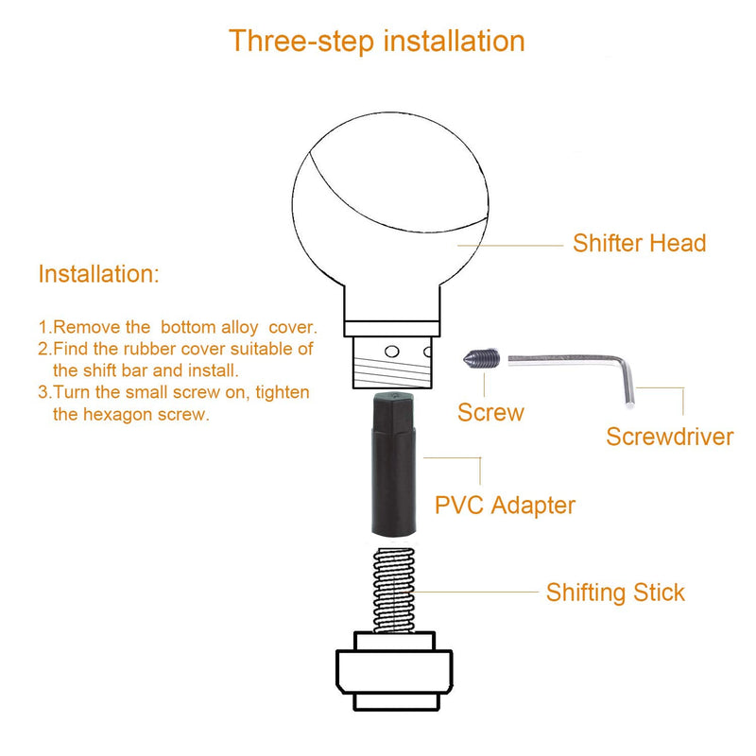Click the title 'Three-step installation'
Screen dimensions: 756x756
click(x=376, y=41)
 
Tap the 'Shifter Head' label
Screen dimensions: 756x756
click(x=640, y=243)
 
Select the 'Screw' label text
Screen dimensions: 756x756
click(x=490, y=413)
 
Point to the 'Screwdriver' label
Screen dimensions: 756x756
click(x=670, y=437)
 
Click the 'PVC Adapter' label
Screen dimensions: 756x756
click(x=505, y=506)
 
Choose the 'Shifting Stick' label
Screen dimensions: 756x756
click(x=615, y=593)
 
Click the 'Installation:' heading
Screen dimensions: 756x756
click(x=98, y=274)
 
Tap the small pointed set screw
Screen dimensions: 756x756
click(x=482, y=358)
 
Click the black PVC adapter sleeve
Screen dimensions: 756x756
click(x=393, y=464)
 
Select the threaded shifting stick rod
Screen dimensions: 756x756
click(x=394, y=590)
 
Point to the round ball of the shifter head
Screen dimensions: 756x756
click(x=390, y=202)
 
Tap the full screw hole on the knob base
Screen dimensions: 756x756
click(x=392, y=352)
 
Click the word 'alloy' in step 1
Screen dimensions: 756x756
click(x=240, y=328)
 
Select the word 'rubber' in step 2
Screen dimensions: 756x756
click(x=149, y=349)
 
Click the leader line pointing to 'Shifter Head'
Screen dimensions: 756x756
click(x=510, y=246)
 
